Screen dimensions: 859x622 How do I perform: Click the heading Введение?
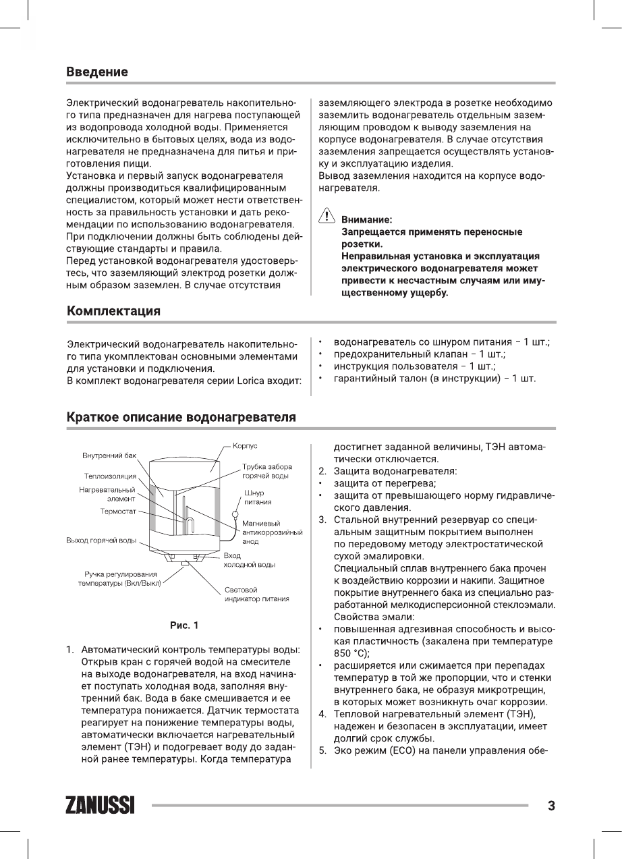pyautogui.click(x=97, y=72)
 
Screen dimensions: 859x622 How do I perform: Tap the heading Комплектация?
pyautogui.click(x=113, y=311)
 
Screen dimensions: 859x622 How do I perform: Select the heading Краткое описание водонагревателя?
pyautogui.click(x=181, y=416)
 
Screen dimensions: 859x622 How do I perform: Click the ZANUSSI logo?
pyautogui.click(x=100, y=806)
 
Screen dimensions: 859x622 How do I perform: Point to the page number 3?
pyautogui.click(x=551, y=806)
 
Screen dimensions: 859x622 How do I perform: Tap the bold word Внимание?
pyautogui.click(x=367, y=219)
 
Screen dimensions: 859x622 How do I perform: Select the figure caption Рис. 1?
pyautogui.click(x=184, y=625)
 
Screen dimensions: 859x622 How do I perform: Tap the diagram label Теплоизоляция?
pyautogui.click(x=110, y=476)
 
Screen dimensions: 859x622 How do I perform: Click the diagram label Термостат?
pyautogui.click(x=118, y=511)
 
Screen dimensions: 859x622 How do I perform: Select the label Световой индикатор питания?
pyautogui.click(x=257, y=594)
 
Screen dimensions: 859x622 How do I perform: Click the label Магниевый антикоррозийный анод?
pyautogui.click(x=271, y=532)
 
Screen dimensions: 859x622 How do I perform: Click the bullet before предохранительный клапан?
pyautogui.click(x=321, y=354)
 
